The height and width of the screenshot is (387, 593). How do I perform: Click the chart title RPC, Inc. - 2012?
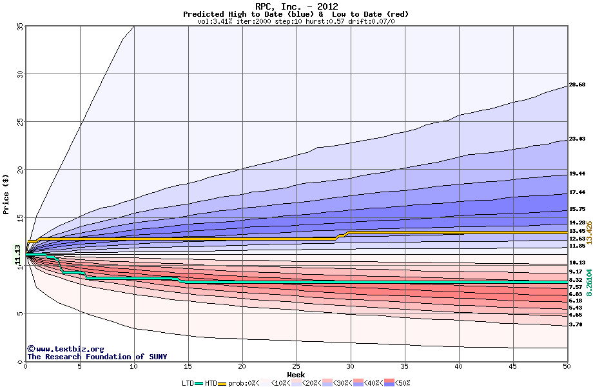296,6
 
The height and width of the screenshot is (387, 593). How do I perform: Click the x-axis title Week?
296,375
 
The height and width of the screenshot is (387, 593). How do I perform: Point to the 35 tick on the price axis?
19,26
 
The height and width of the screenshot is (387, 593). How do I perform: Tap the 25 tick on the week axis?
296,366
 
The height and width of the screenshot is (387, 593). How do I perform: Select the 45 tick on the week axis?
512,366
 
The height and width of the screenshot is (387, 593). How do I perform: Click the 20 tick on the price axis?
19,170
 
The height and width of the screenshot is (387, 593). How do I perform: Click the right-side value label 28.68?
577,84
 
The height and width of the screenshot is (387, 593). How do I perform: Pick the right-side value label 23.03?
577,139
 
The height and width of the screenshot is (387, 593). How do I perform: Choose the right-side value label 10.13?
577,263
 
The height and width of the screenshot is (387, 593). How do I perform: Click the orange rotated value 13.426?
588,232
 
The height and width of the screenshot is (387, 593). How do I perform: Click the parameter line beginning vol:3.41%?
296,21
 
